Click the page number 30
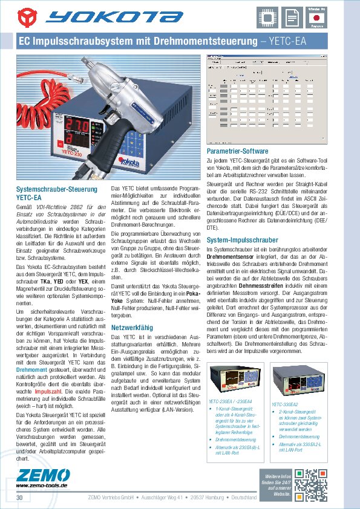19,497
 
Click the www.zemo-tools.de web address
41,485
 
